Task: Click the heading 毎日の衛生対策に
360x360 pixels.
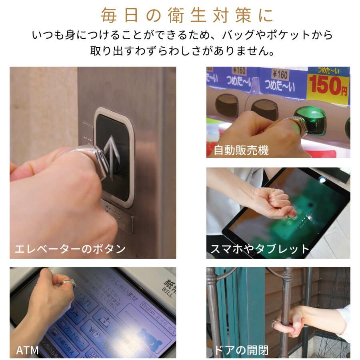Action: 187,15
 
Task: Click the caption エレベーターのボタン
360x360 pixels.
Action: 70,249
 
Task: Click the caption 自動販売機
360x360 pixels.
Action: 241,150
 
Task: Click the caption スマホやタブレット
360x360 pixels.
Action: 260,249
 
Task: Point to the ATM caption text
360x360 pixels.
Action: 27,350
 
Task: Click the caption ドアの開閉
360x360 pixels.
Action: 241,350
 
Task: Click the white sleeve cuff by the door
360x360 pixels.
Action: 344,322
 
